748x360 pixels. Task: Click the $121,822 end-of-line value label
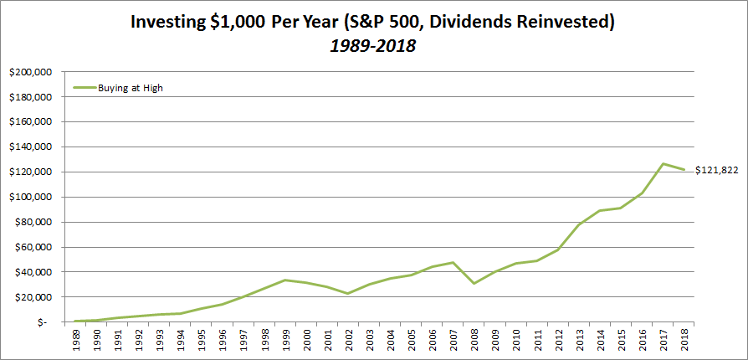pyautogui.click(x=716, y=171)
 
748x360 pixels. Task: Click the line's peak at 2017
pyautogui.click(x=662, y=163)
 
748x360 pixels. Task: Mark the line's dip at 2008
pyautogui.click(x=474, y=283)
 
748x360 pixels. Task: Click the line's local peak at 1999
pyautogui.click(x=286, y=280)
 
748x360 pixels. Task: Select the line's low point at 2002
pyautogui.click(x=348, y=293)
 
